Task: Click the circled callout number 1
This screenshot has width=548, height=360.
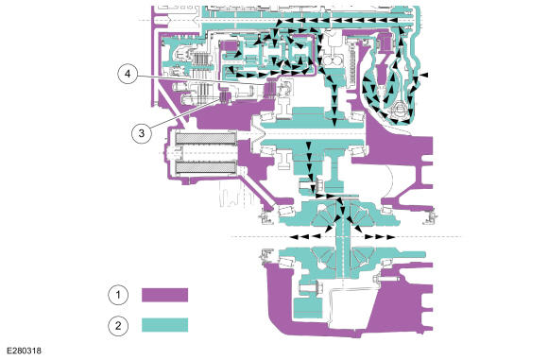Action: coord(118,295)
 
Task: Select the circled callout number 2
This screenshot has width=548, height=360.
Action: coord(118,326)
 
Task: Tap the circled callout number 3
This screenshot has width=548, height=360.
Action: coord(142,133)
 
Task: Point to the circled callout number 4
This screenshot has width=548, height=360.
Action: coord(128,74)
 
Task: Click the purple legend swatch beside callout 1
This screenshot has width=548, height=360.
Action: coord(165,295)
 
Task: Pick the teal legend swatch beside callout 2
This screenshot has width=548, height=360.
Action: coord(165,325)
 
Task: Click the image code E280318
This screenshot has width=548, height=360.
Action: coord(24,351)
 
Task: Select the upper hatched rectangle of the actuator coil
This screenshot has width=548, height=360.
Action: coord(205,139)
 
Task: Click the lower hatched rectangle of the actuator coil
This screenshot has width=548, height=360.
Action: coord(205,168)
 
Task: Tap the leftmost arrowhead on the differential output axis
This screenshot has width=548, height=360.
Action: coord(294,237)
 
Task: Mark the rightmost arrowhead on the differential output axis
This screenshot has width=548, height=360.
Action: coord(391,237)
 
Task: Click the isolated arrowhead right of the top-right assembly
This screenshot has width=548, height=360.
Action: coord(424,75)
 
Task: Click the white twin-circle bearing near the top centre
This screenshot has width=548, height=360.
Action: coord(332,61)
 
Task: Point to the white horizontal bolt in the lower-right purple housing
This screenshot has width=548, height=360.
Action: coord(385,280)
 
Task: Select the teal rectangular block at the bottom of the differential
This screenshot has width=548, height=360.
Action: coord(308,308)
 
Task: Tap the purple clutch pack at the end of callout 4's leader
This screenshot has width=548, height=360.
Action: coord(269,90)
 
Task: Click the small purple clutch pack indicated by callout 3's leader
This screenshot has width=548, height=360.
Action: coord(223,96)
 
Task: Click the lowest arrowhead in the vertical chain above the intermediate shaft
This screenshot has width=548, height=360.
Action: coord(334,122)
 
